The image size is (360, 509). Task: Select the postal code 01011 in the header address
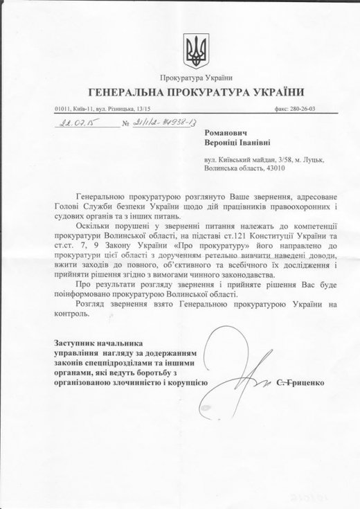pos(62,109)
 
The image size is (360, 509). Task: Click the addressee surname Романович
pos(228,131)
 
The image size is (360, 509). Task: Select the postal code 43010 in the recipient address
pos(269,167)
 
